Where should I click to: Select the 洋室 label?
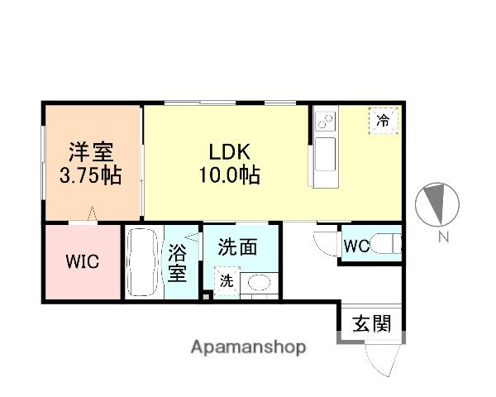tap(91, 152)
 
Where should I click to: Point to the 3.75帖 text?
tap(91, 175)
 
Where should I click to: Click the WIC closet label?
tap(83, 262)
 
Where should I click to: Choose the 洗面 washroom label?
tap(237, 246)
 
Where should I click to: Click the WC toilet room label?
tap(355, 246)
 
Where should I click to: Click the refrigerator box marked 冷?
tap(383, 120)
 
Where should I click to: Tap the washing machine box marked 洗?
tap(227, 281)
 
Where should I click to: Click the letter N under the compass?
tap(443, 239)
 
